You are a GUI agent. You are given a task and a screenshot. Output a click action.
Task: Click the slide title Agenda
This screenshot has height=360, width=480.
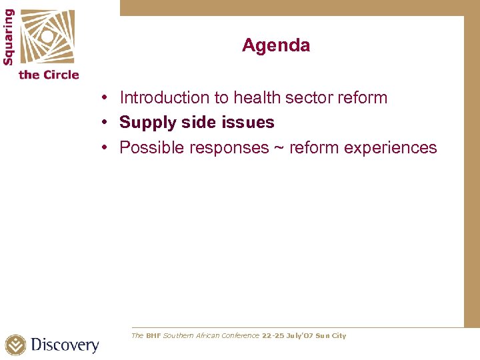tap(276, 45)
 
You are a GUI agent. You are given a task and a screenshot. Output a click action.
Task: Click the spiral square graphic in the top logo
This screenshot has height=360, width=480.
tap(47, 36)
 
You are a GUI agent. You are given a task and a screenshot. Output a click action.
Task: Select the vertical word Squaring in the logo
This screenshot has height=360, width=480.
tap(9, 36)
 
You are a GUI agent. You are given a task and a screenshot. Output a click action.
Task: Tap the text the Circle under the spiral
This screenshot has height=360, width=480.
tap(49, 75)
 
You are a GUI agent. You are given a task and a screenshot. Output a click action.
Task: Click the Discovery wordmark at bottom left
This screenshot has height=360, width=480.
tap(65, 345)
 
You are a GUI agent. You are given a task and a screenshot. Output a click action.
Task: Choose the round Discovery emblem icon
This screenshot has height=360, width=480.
tap(15, 345)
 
